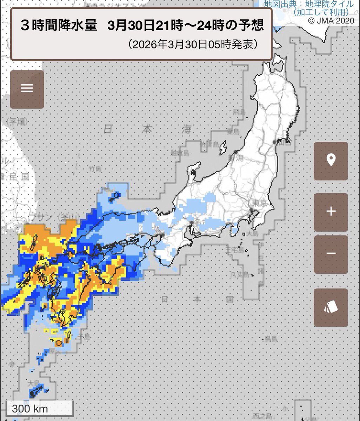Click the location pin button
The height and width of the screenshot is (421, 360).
point(331,161)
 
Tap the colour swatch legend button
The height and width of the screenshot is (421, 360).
point(331,308)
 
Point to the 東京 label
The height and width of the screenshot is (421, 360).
point(257,203)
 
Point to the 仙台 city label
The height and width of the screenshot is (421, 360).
point(285,142)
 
